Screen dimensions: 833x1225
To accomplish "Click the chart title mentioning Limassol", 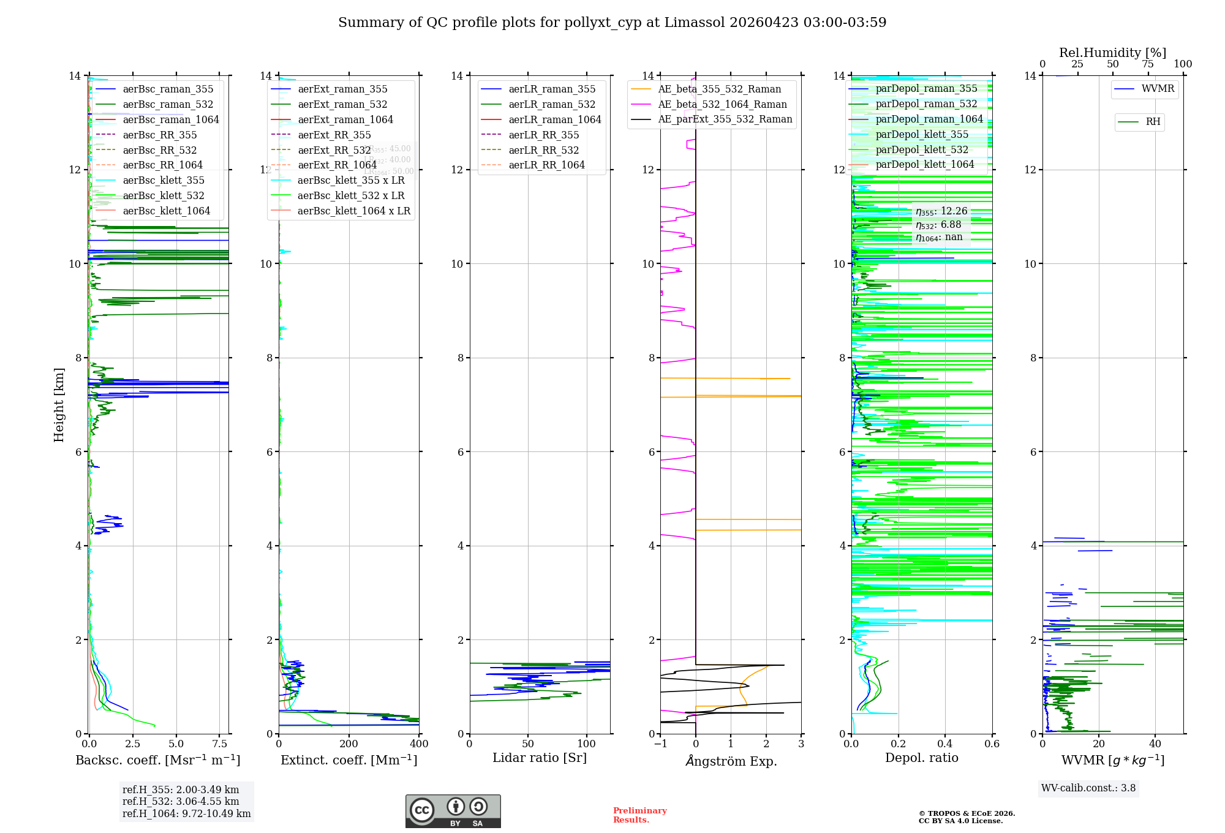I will tap(612, 23).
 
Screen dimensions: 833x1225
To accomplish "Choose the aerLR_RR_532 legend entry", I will tap(543, 150).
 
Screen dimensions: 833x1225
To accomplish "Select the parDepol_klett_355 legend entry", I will tap(922, 134).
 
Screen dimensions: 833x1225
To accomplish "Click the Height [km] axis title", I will tap(59, 404).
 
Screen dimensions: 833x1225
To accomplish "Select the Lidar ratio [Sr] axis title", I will tap(539, 758).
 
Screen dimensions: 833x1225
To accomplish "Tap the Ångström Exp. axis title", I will tap(731, 761).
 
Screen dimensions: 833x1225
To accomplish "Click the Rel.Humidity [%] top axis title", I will tap(1112, 53).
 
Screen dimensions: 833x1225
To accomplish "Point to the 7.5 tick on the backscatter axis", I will tap(220, 744).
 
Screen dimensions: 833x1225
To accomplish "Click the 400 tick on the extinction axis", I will tap(419, 744).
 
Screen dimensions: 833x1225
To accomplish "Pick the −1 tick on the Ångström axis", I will tap(660, 744).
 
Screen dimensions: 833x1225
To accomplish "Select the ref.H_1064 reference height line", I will tap(186, 813).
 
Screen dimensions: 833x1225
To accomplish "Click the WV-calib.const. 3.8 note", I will tap(1088, 788).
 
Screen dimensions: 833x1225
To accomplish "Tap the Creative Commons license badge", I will tap(453, 811).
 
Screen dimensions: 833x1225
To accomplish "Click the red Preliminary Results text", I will tap(639, 815).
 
